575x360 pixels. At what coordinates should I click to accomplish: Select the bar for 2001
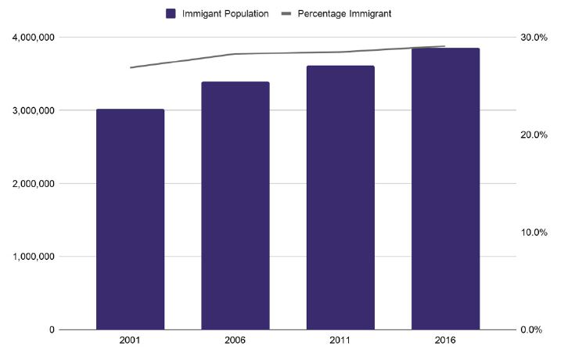click(130, 219)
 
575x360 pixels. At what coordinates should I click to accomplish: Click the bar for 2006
click(235, 205)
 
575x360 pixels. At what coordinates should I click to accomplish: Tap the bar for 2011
click(340, 197)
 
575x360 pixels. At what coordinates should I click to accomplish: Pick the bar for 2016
click(445, 189)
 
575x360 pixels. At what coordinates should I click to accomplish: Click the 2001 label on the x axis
click(130, 340)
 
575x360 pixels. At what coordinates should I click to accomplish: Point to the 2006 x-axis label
click(235, 340)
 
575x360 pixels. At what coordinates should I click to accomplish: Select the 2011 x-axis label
click(340, 340)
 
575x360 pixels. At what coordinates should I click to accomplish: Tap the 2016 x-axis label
click(445, 340)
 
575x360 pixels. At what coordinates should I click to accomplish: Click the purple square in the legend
click(171, 13)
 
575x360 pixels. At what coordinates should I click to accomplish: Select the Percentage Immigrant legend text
click(345, 13)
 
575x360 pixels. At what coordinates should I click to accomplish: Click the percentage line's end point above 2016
click(444, 46)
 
